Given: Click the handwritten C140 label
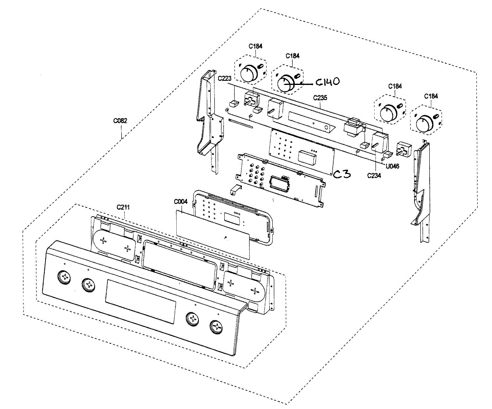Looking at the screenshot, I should point(327,82).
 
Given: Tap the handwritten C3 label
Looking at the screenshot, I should point(342,174).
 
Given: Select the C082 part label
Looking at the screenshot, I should point(120,121).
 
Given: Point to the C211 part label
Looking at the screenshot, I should point(123,207).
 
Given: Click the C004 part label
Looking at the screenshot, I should point(180,202).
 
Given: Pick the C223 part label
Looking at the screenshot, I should point(225,78).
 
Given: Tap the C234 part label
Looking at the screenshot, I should point(374,175).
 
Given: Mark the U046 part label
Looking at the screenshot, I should point(392,166).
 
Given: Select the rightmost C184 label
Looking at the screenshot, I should point(430,96).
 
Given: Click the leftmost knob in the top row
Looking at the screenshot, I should point(247,74).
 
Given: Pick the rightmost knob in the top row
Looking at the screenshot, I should point(424,123).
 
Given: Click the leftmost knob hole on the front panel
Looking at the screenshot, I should point(64,277).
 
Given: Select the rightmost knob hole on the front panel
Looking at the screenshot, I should point(216,327).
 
